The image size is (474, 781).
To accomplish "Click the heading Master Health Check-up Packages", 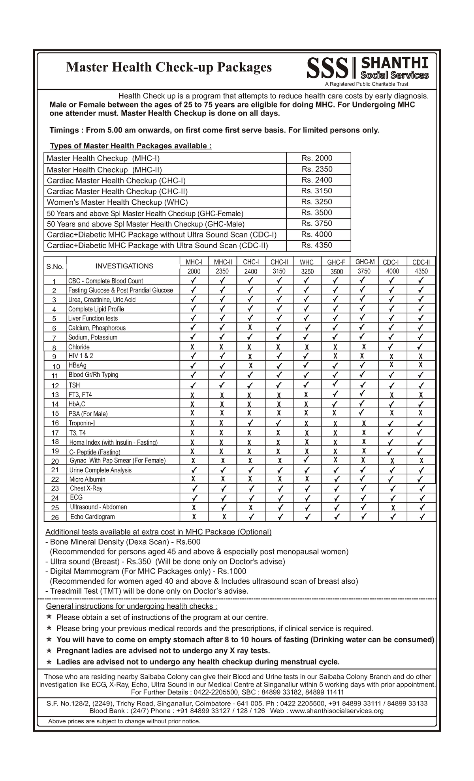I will point(169,67).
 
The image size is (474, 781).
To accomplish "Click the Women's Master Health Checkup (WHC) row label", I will point(117,202).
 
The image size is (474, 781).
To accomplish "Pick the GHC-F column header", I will point(336,262).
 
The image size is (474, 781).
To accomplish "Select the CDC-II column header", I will point(421,262).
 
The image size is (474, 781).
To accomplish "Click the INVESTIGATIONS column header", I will point(124,266).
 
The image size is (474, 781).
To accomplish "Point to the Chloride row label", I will point(79,347).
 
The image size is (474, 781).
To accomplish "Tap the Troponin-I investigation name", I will point(82,423).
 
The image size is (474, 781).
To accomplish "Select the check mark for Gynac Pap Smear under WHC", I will point(306,460).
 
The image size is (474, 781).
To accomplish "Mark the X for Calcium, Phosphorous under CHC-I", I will point(250,327).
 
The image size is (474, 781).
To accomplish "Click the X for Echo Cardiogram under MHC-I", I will point(194,517).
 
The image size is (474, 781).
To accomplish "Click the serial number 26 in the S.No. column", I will point(55,517).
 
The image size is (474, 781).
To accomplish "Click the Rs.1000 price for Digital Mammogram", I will point(232,571).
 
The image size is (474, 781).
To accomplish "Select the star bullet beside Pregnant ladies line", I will point(49,650).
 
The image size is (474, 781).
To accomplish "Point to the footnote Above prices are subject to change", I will point(124,721).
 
